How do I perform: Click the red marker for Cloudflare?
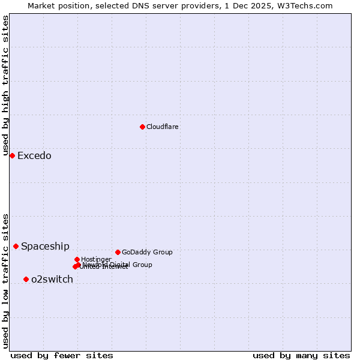(142, 127)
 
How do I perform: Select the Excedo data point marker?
(12, 155)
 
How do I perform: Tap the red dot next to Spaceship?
(16, 246)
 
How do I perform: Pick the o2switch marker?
(26, 279)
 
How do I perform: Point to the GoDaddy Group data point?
(118, 252)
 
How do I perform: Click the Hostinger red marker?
(77, 259)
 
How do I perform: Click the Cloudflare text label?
(163, 127)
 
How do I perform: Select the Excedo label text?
(34, 156)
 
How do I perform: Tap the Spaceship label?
(45, 247)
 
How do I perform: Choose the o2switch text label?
(52, 280)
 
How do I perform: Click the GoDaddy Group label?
(147, 252)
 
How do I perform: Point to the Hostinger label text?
(96, 259)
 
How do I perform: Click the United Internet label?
(104, 267)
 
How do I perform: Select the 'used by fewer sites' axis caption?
(62, 355)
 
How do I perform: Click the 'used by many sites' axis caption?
(301, 355)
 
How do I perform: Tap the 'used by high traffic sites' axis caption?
(5, 86)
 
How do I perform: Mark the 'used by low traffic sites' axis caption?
(5, 281)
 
